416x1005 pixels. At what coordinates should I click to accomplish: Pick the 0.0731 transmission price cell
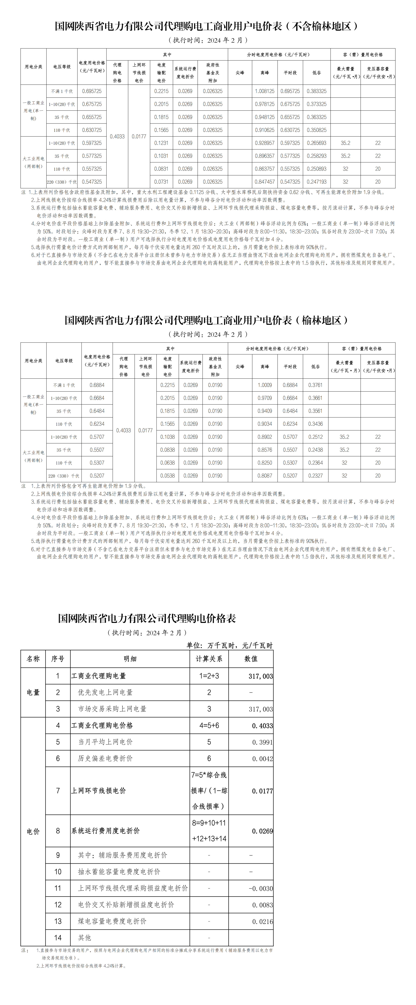(x=161, y=182)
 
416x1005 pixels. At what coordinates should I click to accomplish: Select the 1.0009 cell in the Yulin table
(x=265, y=385)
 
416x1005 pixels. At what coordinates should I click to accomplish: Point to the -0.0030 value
(x=260, y=889)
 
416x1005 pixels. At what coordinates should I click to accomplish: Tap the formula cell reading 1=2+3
(x=209, y=676)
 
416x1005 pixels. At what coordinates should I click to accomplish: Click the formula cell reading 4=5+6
(x=209, y=726)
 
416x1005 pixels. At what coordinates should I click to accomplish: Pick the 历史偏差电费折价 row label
(x=105, y=759)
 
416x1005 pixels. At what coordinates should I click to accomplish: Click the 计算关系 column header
(x=209, y=659)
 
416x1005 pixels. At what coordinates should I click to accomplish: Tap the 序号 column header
(x=58, y=659)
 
